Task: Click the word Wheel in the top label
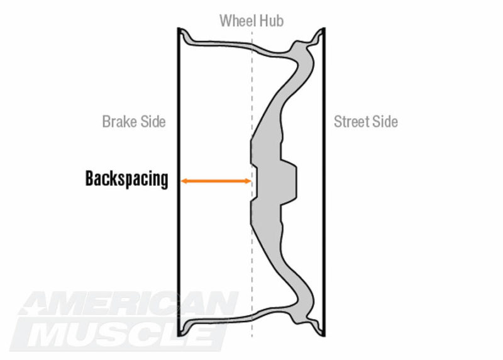(x=238, y=21)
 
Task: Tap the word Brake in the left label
(x=118, y=121)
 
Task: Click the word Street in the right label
(x=350, y=121)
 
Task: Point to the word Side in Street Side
(x=384, y=121)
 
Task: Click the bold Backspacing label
(x=127, y=179)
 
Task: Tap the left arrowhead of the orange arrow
(x=184, y=181)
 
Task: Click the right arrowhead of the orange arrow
(x=248, y=181)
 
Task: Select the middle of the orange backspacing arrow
(x=216, y=181)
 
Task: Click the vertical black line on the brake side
(x=179, y=182)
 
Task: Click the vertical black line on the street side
(x=324, y=182)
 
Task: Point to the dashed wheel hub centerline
(x=252, y=183)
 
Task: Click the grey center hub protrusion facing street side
(x=289, y=182)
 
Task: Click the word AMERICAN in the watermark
(x=128, y=304)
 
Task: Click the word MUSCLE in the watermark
(x=119, y=334)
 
